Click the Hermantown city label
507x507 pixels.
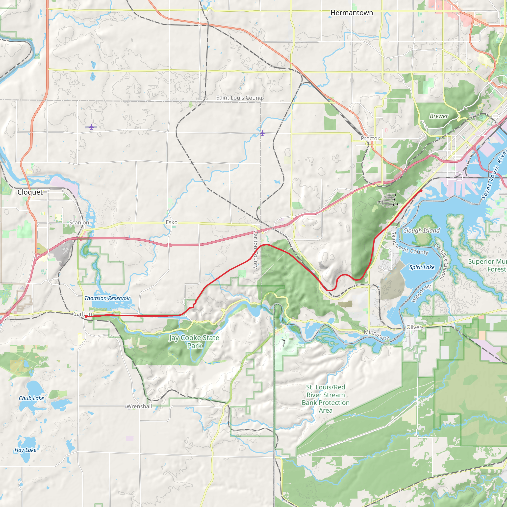click(x=351, y=13)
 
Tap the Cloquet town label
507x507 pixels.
click(x=30, y=192)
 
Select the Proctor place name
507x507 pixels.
click(x=370, y=138)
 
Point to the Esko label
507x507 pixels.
click(x=172, y=222)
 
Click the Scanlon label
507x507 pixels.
click(x=79, y=223)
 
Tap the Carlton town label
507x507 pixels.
click(x=82, y=314)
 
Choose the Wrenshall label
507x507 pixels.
click(x=139, y=406)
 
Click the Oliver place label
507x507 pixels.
click(x=414, y=327)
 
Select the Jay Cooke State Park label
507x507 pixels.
click(x=194, y=342)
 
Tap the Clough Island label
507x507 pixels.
click(x=421, y=231)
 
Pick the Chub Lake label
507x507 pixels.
click(x=31, y=398)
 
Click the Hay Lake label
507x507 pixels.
click(x=25, y=450)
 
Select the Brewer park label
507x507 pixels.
click(x=439, y=116)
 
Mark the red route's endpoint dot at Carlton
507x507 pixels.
click(x=86, y=317)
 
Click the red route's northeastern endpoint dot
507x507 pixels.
click(x=421, y=191)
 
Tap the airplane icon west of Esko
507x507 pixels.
click(x=91, y=127)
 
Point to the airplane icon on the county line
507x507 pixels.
click(x=262, y=133)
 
